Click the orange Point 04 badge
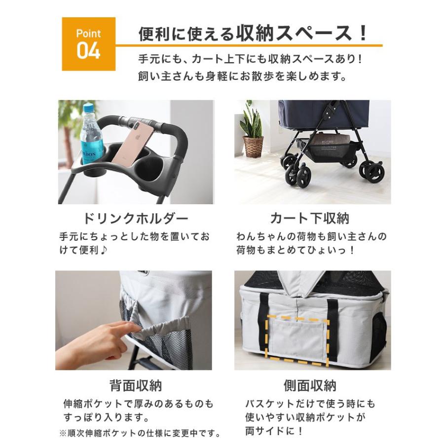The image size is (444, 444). tap(88, 44)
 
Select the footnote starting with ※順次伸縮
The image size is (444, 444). tap(139, 434)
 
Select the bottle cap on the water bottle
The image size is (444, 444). tap(88, 108)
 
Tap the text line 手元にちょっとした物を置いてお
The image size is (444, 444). tap(134, 236)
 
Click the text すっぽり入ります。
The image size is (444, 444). tap(106, 418)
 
